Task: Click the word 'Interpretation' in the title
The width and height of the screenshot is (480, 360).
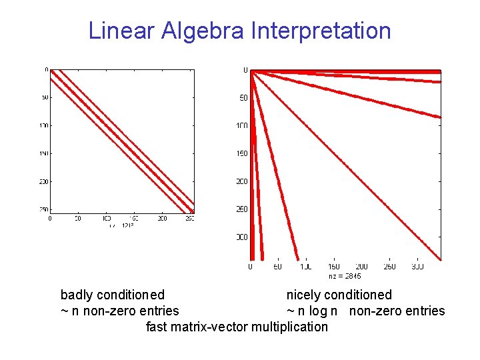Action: tap(321, 31)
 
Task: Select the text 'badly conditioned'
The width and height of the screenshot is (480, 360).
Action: tap(113, 295)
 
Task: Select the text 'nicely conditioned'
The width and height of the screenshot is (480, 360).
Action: tap(339, 295)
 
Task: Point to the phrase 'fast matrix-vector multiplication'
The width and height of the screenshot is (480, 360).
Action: tap(237, 327)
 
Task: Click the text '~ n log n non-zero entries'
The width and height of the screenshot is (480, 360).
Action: tap(365, 311)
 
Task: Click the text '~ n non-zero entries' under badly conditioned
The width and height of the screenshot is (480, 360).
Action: tap(120, 311)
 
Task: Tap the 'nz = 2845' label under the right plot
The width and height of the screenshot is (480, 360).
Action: tap(345, 275)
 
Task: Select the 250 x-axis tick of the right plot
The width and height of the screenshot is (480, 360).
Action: tap(390, 267)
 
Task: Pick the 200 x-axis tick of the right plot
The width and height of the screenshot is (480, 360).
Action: tap(362, 267)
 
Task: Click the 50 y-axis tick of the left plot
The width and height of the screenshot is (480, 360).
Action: tap(44, 97)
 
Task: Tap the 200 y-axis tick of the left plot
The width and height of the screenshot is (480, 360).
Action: tap(43, 181)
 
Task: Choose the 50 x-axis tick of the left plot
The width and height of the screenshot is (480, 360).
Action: tap(78, 218)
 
